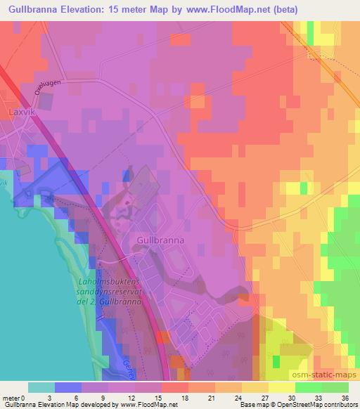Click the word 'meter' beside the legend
[11, 397]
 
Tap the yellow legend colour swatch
[282, 387]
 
